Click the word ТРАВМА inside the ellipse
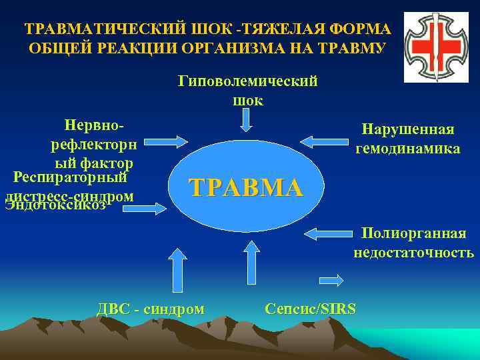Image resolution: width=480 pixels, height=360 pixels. [246, 187]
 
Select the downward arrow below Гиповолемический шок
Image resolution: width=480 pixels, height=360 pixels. [247, 120]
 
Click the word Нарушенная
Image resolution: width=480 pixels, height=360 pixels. [407, 129]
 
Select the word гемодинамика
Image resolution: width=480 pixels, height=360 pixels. [407, 149]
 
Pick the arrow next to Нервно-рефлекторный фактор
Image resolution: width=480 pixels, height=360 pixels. [166, 141]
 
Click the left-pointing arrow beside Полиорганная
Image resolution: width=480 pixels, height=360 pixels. [326, 233]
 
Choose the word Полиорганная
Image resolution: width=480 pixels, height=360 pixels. [413, 233]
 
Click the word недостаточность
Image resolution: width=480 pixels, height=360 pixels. [413, 253]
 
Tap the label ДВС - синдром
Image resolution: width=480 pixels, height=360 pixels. [151, 309]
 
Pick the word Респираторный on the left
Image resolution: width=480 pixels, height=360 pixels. [70, 178]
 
